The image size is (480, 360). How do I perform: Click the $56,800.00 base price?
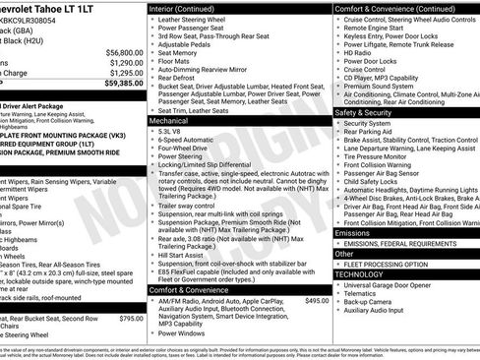[x=124, y=52]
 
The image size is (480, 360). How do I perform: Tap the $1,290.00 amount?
[x=126, y=62]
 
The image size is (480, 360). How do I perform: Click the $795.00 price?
[x=131, y=318]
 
